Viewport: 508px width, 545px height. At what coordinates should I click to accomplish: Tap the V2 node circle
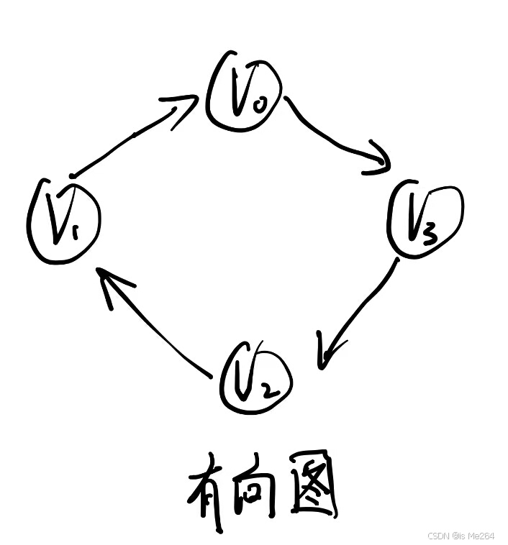pyautogui.click(x=257, y=376)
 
